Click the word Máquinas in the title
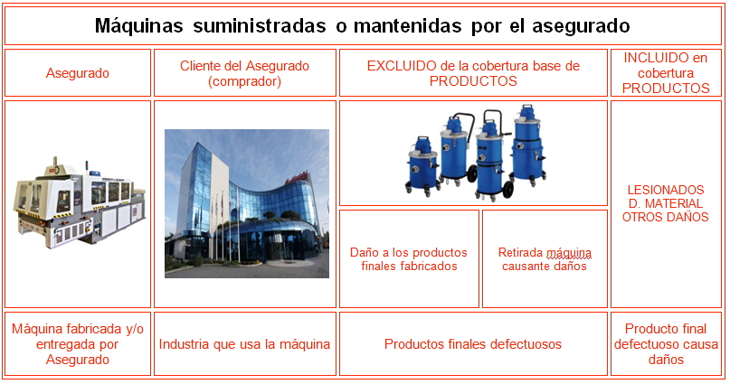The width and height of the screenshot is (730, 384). [138, 25]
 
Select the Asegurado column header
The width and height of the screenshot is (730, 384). [78, 73]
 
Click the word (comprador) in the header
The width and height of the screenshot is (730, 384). [244, 81]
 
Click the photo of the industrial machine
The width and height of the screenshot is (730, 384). [79, 202]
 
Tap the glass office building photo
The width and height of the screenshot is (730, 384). [247, 203]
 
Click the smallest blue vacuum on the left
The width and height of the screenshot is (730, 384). [422, 165]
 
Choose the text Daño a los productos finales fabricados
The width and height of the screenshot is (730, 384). [409, 259]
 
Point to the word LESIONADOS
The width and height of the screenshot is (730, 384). [665, 190]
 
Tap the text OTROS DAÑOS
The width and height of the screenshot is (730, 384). [665, 217]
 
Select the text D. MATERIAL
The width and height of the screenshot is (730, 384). [665, 203]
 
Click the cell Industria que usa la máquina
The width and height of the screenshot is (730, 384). [245, 344]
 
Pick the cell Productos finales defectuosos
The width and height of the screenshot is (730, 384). [473, 344]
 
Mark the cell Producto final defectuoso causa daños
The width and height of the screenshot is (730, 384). [666, 344]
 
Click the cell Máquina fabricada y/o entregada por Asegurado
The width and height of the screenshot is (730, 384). [78, 344]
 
